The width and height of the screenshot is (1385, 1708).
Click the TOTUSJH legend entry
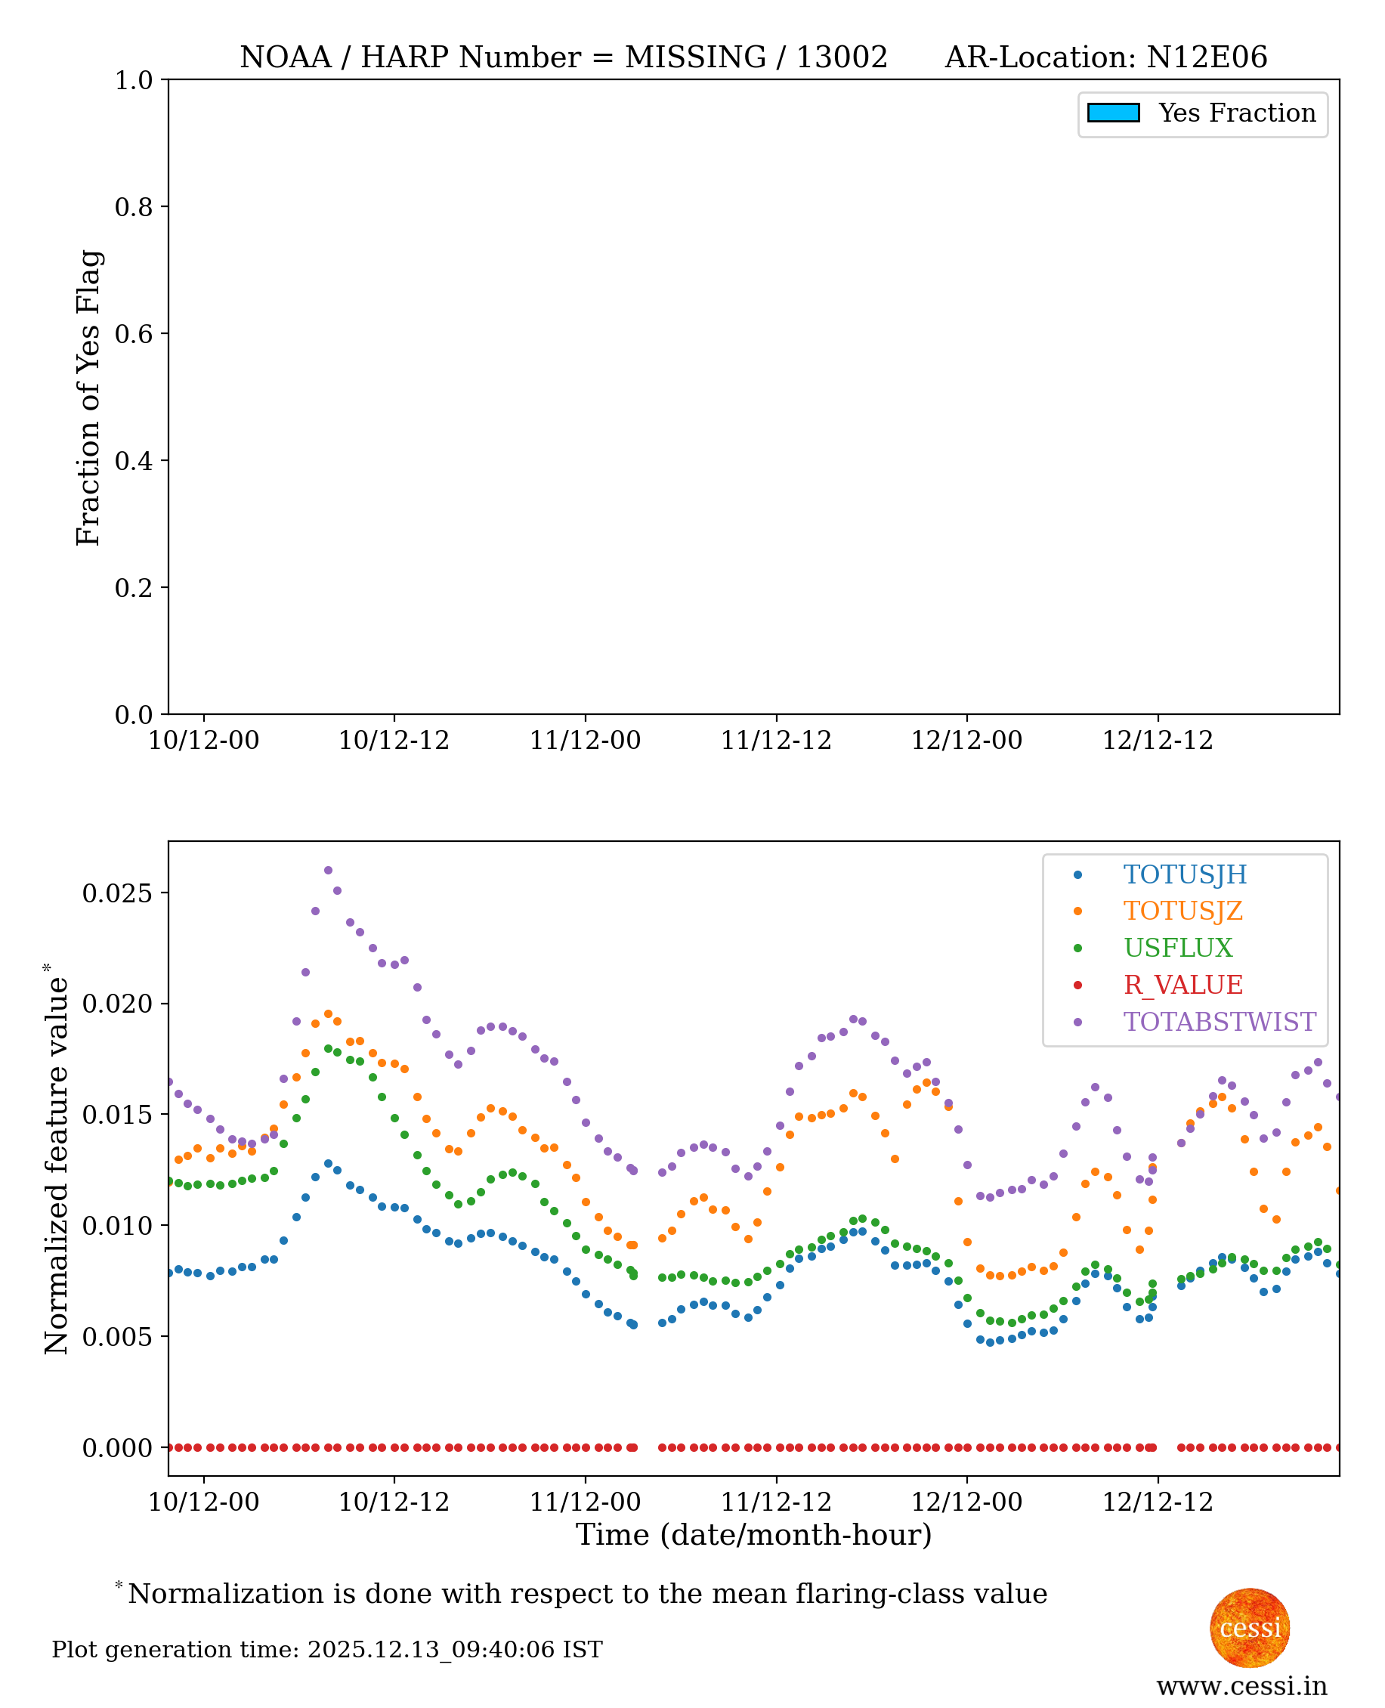tap(1184, 875)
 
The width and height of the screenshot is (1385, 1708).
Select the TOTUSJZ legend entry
tap(1183, 911)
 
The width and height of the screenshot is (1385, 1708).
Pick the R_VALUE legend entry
tap(1183, 986)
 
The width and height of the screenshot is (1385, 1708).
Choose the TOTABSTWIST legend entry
tap(1219, 1022)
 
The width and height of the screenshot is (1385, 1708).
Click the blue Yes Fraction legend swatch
tap(1113, 113)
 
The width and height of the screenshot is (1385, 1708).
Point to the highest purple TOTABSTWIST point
tap(328, 871)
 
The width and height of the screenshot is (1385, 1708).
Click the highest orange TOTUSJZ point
tap(328, 1014)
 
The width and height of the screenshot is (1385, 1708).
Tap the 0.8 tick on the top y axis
tap(133, 207)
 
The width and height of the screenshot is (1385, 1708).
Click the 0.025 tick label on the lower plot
tap(117, 893)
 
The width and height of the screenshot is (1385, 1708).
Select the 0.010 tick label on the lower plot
tap(117, 1226)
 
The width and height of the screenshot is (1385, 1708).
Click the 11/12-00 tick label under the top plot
tap(585, 741)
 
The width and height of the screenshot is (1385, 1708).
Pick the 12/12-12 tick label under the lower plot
tap(1157, 1502)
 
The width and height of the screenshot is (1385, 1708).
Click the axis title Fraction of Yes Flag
tap(88, 398)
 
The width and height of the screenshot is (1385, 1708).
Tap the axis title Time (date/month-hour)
tap(753, 1535)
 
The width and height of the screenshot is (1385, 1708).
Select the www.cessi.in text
tap(1241, 1685)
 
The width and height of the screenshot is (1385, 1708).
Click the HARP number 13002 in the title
tap(841, 57)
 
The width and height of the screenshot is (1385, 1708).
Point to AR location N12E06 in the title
tap(1206, 57)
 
